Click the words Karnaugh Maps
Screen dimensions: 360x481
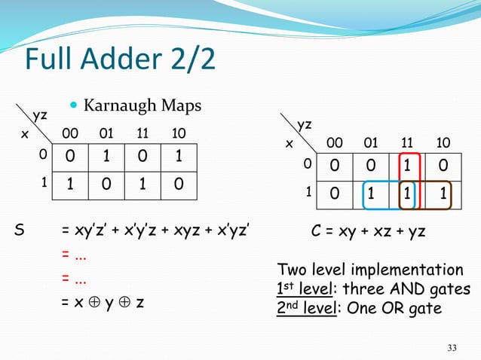pos(142,105)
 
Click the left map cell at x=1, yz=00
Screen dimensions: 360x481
pos(70,183)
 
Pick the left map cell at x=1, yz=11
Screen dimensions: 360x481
pos(142,183)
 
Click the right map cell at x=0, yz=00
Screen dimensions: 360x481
pos(334,165)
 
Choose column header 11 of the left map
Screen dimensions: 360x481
pos(142,133)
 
